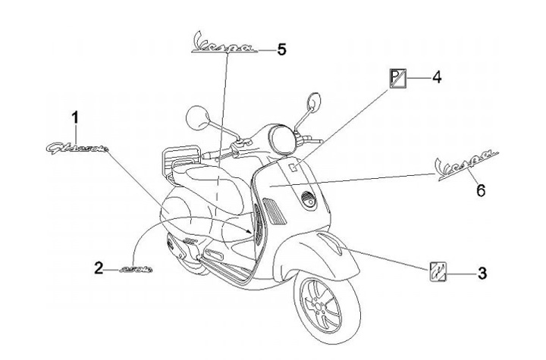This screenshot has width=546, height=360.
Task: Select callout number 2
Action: [x=99, y=268]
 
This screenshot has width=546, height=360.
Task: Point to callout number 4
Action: [x=436, y=77]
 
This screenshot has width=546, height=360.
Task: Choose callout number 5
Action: [x=281, y=49]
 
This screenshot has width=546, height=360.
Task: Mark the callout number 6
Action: [x=481, y=190]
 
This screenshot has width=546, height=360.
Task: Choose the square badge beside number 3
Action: [x=438, y=270]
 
